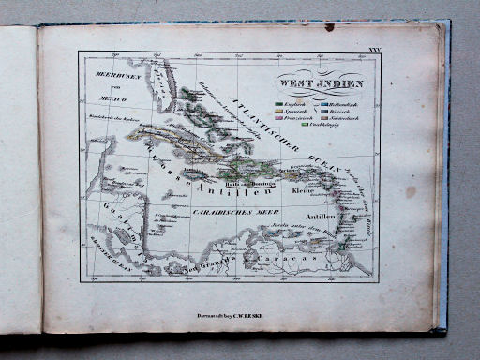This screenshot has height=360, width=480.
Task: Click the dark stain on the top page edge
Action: [x=329, y=27]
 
